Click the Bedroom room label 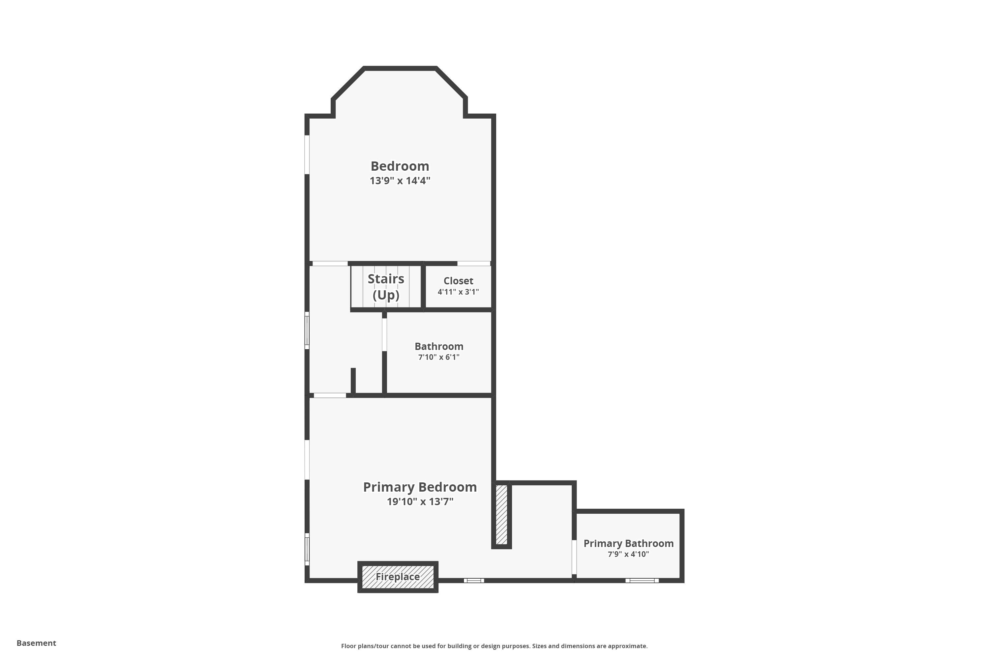tap(400, 166)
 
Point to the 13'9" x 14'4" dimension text tap(400, 181)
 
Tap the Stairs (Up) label tap(386, 287)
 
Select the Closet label tap(458, 281)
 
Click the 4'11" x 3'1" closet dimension tap(458, 292)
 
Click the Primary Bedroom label tap(420, 487)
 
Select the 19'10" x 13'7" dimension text tap(420, 501)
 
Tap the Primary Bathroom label tap(628, 543)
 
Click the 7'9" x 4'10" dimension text tap(628, 554)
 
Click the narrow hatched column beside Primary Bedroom tap(501, 515)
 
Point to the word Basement tap(36, 643)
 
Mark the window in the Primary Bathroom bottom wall tap(642, 580)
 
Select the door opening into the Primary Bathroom tap(574, 557)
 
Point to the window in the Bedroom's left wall tap(307, 154)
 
